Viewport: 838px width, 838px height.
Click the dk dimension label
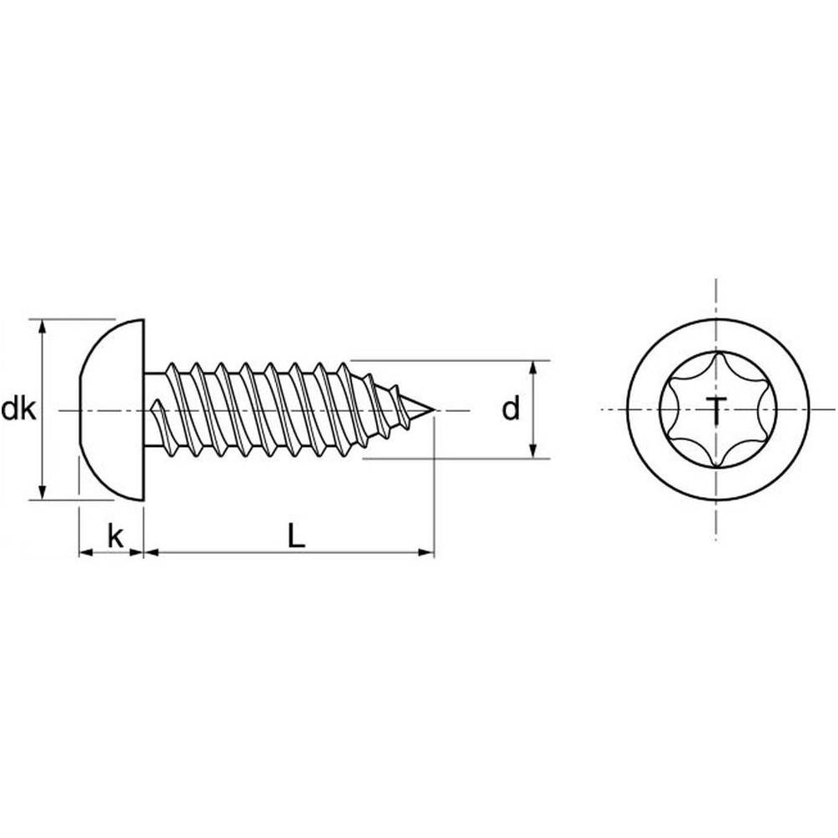18,410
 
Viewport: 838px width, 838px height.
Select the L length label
296,535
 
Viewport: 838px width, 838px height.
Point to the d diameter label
511,409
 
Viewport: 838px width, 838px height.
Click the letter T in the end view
716,411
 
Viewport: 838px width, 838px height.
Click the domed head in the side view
112,410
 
